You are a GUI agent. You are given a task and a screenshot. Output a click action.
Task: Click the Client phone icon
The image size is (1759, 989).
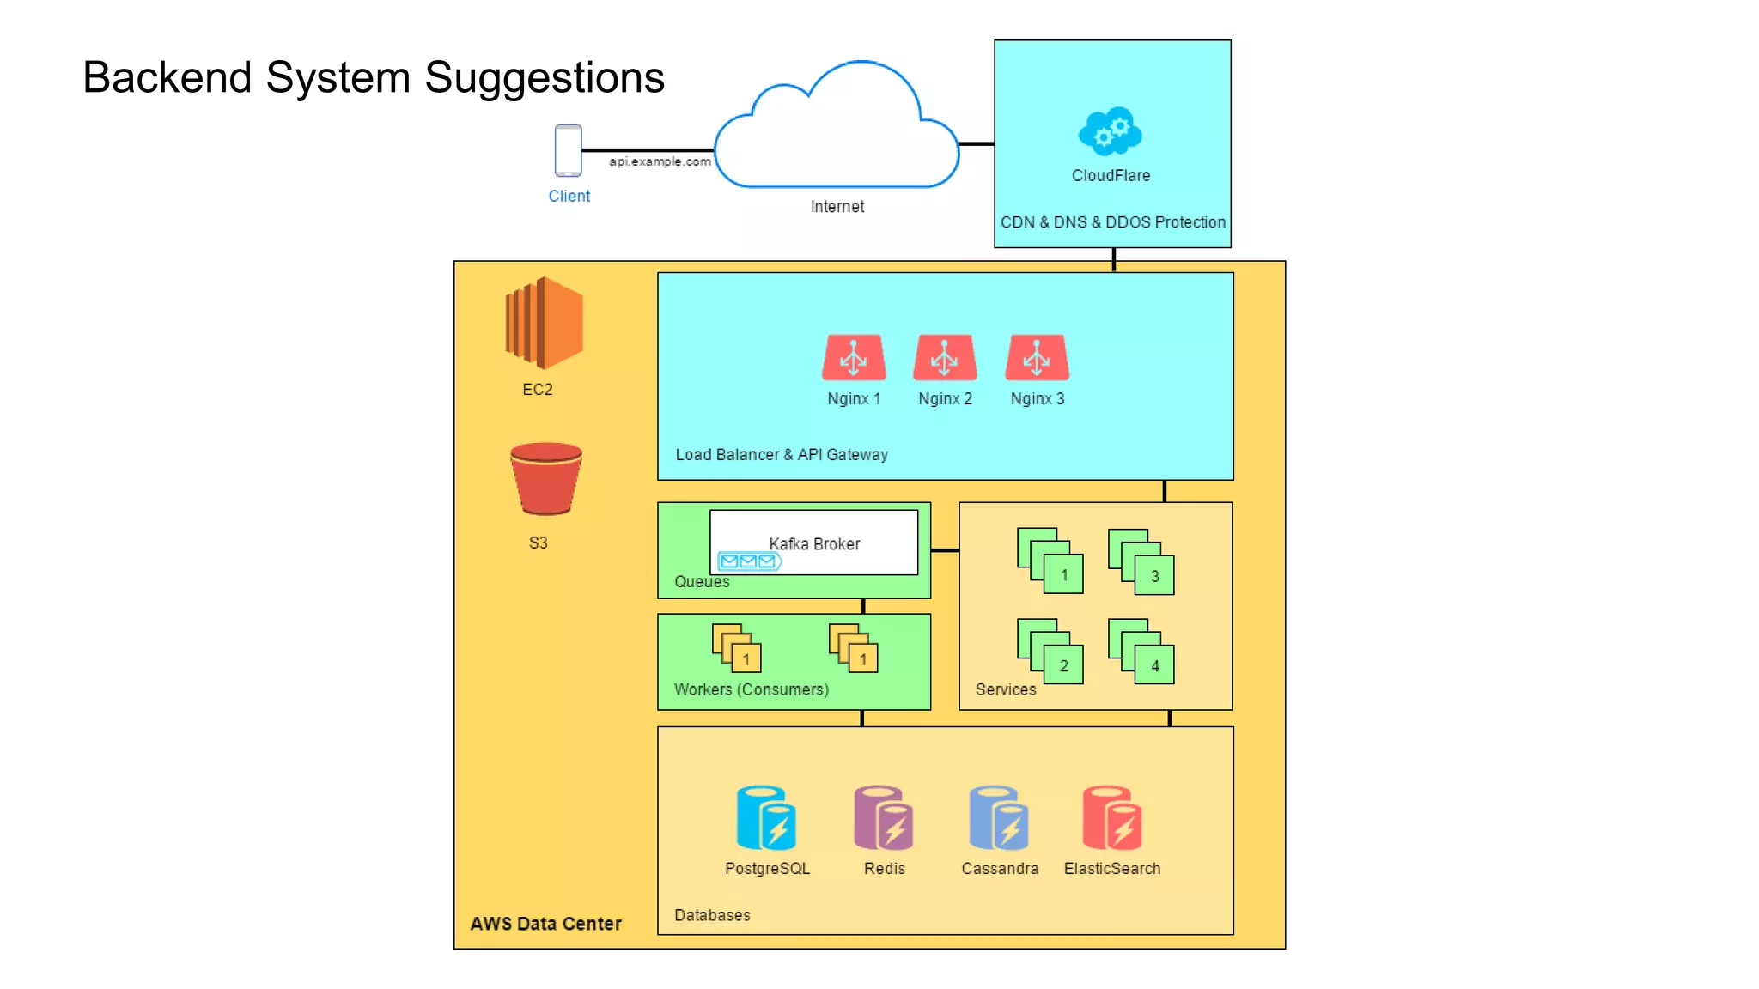[568, 150]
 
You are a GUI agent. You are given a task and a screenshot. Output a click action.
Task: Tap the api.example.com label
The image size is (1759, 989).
[660, 161]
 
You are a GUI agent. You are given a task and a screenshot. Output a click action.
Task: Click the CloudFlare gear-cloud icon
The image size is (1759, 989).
[1110, 130]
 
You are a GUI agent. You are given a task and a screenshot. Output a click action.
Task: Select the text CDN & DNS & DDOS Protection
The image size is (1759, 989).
[1112, 222]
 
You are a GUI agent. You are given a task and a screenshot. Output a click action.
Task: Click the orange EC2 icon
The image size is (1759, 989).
[545, 323]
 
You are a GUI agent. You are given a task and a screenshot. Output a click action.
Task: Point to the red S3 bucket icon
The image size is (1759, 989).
[546, 478]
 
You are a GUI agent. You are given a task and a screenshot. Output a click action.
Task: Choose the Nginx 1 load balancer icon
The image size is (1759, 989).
[854, 357]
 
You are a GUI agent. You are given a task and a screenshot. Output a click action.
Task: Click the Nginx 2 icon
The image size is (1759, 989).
[945, 357]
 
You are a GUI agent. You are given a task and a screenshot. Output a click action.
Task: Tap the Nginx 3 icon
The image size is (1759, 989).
[1037, 357]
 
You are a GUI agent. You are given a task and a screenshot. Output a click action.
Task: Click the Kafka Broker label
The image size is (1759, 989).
[814, 544]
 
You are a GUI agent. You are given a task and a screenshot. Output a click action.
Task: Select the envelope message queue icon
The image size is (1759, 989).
[749, 561]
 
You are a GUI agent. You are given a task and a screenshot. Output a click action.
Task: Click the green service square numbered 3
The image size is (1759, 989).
[1154, 576]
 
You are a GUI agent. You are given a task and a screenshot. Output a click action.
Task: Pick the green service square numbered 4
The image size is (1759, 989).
[1154, 666]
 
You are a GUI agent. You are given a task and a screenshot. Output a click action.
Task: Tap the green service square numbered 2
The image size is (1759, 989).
[1063, 666]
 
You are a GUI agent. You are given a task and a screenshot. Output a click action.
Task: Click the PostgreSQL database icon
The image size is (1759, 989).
[766, 817]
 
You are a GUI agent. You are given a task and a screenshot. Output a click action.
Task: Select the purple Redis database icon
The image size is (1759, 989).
[883, 817]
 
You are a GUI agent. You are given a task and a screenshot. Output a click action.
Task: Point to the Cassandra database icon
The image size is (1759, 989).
[998, 817]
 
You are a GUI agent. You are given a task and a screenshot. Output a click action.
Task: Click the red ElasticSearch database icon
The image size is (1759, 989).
[1111, 817]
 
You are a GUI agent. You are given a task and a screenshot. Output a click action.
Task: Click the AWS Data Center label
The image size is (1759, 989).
[545, 924]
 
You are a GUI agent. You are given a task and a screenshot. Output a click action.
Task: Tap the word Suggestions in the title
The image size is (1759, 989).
[545, 78]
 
